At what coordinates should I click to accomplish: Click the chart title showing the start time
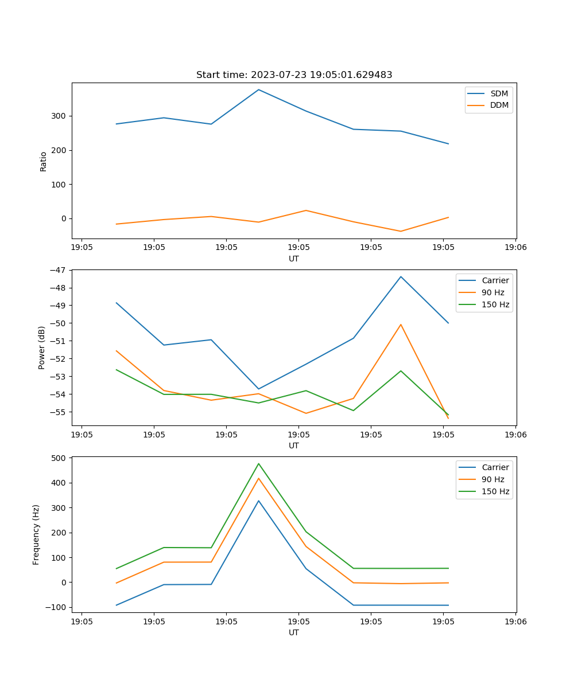click(x=294, y=75)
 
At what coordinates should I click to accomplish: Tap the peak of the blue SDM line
click(x=258, y=89)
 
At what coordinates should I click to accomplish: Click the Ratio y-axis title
click(x=44, y=161)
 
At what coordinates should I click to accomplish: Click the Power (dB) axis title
click(x=42, y=347)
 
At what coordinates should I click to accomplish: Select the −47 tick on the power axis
click(x=57, y=270)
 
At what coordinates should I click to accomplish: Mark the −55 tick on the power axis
click(x=57, y=412)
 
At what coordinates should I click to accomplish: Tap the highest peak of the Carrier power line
click(x=401, y=277)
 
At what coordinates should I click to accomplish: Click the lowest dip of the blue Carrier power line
click(x=258, y=389)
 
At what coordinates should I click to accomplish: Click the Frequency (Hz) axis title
click(x=36, y=534)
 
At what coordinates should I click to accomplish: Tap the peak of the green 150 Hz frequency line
click(x=258, y=463)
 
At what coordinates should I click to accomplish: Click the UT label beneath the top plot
click(x=294, y=259)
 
